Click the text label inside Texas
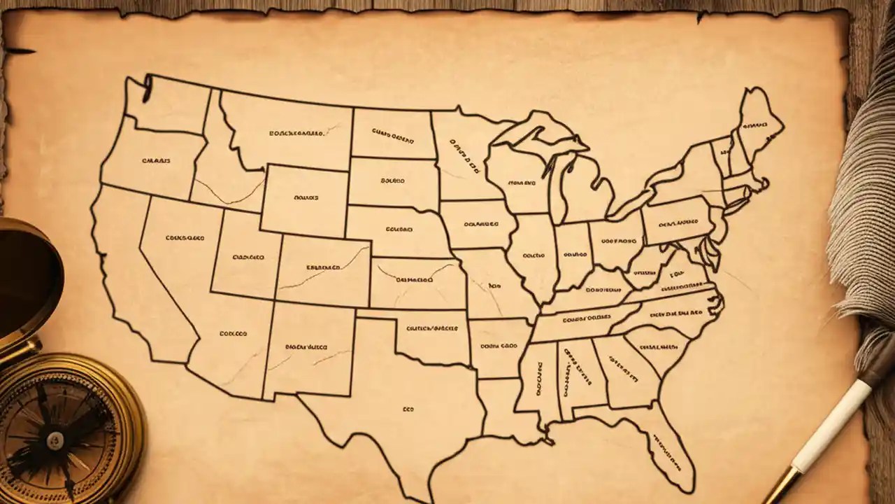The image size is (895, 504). coord(408,409)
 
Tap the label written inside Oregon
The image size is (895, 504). coord(156,161)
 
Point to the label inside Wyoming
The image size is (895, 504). coord(306,198)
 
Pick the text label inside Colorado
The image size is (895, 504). coord(323,267)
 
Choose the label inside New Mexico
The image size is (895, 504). coord(306,346)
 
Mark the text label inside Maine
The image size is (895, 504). coord(754,126)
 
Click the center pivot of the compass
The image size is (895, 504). coord(55,439)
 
